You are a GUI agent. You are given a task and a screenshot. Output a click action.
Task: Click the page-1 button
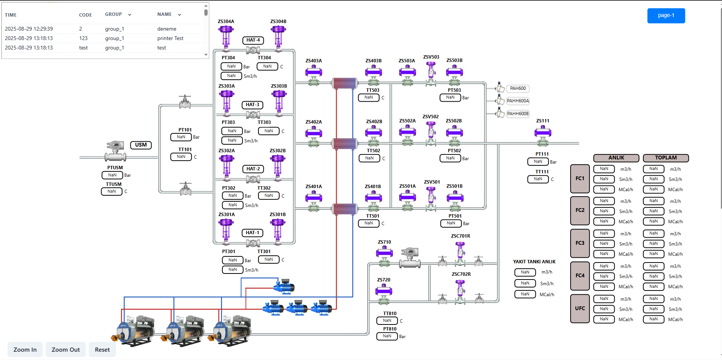(x=666, y=15)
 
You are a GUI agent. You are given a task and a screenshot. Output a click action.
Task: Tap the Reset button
(x=102, y=349)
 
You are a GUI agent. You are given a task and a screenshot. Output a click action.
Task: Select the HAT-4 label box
(x=253, y=40)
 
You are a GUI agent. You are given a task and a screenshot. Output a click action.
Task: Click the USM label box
(x=141, y=145)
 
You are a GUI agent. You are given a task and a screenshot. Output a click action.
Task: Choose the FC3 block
(x=580, y=243)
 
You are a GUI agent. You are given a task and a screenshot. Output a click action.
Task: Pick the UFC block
(x=580, y=308)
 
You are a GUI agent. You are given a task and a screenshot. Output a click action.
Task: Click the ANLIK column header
(x=616, y=158)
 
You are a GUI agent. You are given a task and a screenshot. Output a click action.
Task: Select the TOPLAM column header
(x=665, y=158)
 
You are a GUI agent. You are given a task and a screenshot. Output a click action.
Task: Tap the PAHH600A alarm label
(x=518, y=101)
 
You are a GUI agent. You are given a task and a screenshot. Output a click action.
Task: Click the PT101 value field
(x=181, y=137)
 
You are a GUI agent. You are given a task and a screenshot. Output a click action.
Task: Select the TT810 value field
(x=387, y=321)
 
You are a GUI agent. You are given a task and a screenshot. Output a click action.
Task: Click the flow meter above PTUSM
(x=115, y=151)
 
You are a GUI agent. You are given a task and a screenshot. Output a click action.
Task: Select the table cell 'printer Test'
(x=170, y=38)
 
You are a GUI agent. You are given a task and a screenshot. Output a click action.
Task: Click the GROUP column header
(x=113, y=14)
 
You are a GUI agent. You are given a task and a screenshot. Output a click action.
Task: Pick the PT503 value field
(x=450, y=97)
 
